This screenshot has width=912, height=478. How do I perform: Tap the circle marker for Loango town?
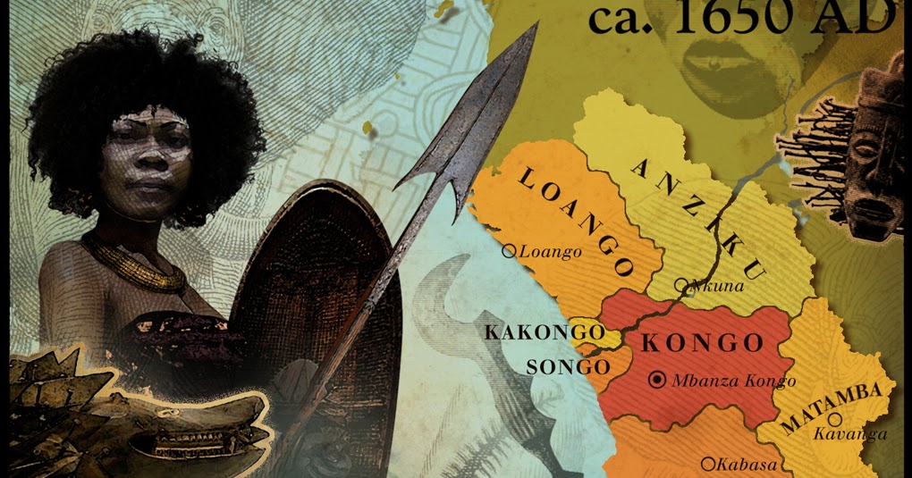(509, 252)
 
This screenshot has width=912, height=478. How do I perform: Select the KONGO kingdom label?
(703, 342)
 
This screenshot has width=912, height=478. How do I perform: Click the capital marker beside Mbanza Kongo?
(658, 381)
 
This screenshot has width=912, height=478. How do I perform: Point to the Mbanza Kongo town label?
(733, 382)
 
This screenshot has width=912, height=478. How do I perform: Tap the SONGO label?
(567, 366)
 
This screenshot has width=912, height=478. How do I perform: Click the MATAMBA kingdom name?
(832, 408)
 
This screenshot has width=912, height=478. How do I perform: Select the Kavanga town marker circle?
(834, 418)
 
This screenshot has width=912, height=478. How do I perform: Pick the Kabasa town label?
(747, 464)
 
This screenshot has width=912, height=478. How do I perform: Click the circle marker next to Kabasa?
(707, 463)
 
